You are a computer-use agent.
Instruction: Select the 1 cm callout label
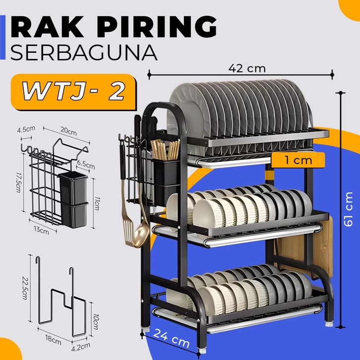299,160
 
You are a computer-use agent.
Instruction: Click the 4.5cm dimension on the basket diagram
26,130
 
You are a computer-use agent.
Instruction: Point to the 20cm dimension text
68,132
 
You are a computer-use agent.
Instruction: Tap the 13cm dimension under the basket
42,230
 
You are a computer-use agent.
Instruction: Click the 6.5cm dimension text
84,163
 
